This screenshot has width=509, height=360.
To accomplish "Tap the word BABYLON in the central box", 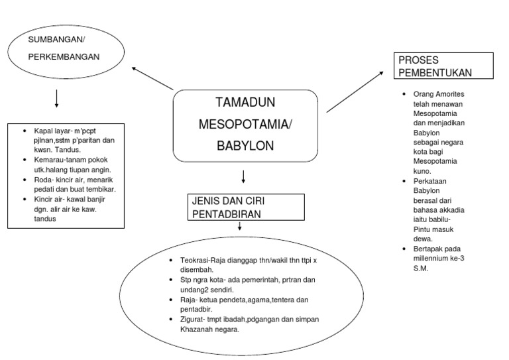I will (245, 145).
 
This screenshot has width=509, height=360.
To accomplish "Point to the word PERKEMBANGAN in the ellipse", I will (64, 56).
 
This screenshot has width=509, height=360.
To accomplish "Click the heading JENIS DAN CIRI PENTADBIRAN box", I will (245, 207).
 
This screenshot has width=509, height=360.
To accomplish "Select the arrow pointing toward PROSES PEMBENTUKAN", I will (355, 92).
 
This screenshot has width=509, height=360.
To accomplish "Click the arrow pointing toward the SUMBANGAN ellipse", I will (152, 78).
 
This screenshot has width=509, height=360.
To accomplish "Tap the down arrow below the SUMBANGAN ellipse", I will (56, 98).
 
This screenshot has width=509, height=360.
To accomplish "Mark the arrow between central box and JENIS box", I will (244, 177).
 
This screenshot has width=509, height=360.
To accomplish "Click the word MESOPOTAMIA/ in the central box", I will (245, 124).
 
